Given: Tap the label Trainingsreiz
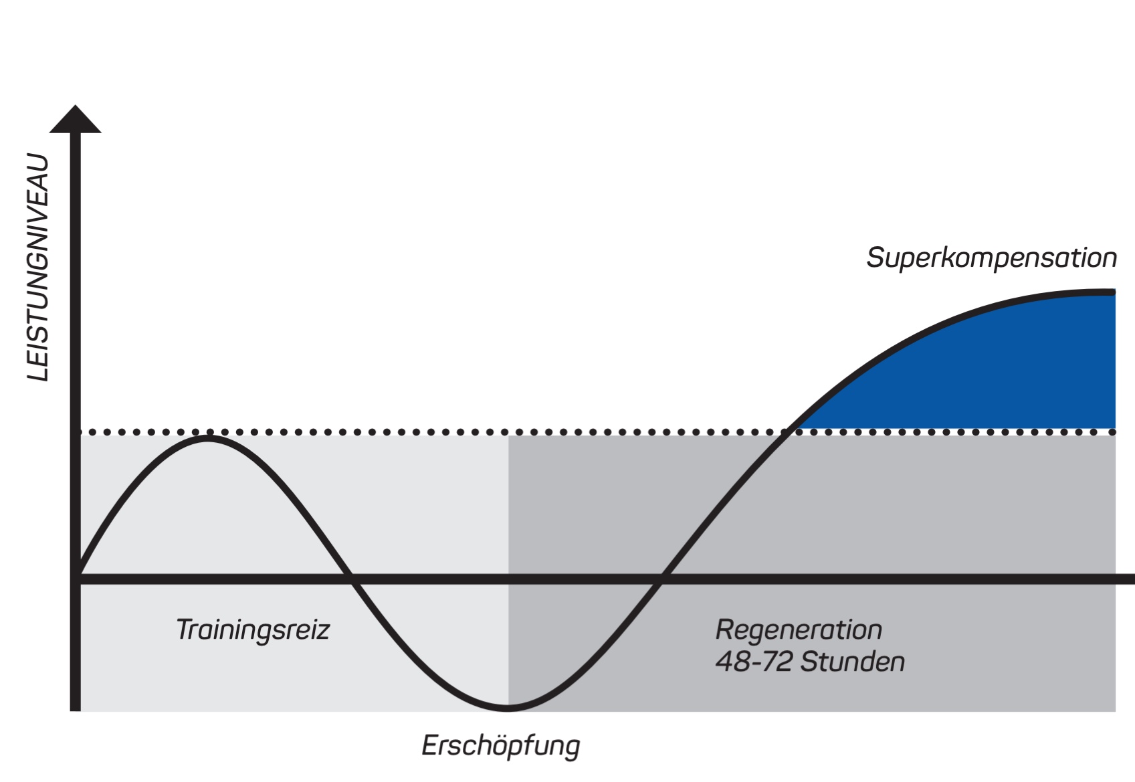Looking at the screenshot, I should [253, 630].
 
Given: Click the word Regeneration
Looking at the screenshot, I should [799, 630].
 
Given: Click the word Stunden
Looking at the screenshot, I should [853, 662].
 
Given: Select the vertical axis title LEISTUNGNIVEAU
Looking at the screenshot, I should [38, 268].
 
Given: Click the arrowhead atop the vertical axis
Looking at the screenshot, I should [76, 120].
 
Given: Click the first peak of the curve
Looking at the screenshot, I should [209, 437].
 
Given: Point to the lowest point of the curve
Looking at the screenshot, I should [508, 706].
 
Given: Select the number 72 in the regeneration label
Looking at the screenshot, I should [779, 662].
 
